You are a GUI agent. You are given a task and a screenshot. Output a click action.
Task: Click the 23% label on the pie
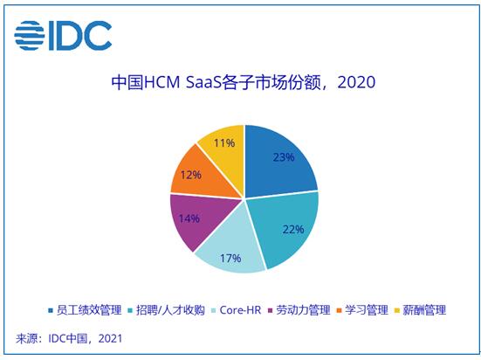(x=284, y=157)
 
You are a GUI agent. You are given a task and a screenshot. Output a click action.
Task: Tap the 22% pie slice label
(x=293, y=229)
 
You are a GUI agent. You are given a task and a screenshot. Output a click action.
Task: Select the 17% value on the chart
(x=230, y=258)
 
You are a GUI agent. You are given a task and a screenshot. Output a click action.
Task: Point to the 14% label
(x=189, y=218)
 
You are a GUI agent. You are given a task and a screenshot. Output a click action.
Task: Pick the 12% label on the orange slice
(x=191, y=175)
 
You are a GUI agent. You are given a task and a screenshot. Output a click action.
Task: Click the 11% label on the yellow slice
(x=224, y=142)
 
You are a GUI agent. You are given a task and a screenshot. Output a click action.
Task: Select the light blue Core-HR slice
(x=233, y=246)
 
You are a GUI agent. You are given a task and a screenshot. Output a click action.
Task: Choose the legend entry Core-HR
(x=240, y=310)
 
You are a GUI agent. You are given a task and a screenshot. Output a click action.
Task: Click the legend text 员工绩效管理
(x=89, y=310)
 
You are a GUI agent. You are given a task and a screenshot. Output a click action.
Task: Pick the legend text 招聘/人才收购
(x=170, y=310)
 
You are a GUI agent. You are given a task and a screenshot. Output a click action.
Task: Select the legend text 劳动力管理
(x=303, y=310)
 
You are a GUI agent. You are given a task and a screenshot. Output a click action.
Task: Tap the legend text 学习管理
(x=367, y=310)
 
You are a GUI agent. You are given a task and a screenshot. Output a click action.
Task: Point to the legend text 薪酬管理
(x=424, y=310)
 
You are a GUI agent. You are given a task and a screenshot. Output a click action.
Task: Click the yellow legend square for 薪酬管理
(x=397, y=310)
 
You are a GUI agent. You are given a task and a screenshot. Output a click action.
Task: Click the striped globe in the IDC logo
(x=30, y=35)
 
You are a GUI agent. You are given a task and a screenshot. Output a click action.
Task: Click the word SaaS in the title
(x=203, y=82)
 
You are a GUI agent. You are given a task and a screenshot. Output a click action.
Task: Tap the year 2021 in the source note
(x=110, y=338)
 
